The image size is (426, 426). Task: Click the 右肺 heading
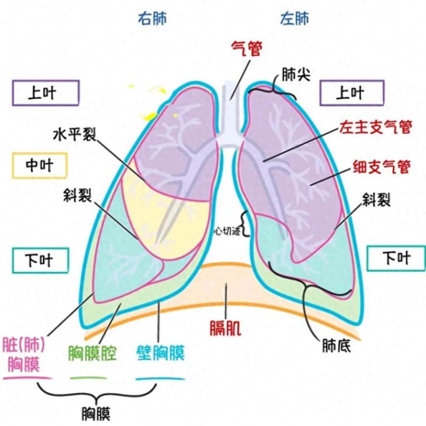pos(153,18)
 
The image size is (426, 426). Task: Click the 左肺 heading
pos(294,18)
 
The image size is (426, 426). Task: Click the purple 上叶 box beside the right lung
pos(45,93)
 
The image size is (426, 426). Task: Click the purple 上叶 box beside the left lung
pos(350,93)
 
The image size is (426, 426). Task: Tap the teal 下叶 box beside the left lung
pos(396,257)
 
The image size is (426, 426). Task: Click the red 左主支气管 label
pos(375,127)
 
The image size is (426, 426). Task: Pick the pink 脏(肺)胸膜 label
pos(25,353)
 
